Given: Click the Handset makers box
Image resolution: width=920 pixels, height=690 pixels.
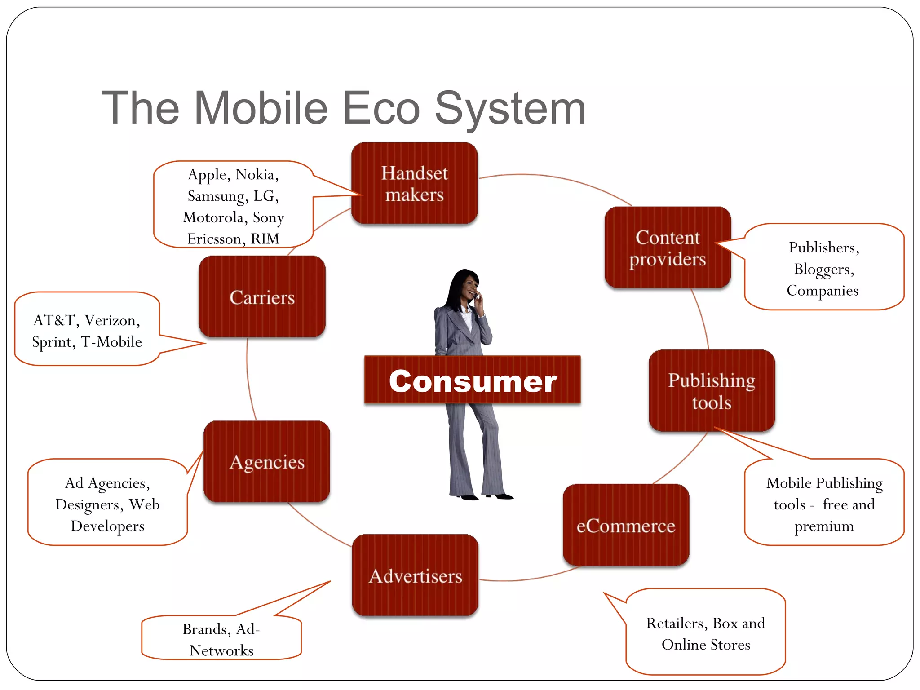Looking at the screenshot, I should click(x=414, y=183).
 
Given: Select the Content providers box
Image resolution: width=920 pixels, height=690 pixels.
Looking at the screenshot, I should click(x=668, y=248).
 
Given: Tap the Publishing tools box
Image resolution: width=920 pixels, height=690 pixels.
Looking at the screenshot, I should click(x=712, y=390).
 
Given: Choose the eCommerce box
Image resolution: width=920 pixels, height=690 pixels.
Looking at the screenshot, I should click(x=626, y=525).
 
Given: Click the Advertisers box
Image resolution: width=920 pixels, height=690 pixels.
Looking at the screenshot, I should click(x=415, y=575).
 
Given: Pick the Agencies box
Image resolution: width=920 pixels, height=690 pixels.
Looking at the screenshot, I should click(x=267, y=462).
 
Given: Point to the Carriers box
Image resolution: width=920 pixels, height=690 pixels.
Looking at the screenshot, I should click(x=262, y=297).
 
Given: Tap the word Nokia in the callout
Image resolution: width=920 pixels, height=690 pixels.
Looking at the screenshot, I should click(x=257, y=174).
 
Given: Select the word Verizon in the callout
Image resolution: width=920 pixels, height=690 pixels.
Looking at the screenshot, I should click(x=112, y=320).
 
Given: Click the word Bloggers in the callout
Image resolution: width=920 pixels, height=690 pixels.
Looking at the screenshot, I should click(x=823, y=269).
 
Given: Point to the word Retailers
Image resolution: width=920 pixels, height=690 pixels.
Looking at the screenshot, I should click(x=677, y=623).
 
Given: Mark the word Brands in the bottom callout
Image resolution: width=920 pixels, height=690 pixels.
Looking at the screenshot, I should click(x=207, y=629).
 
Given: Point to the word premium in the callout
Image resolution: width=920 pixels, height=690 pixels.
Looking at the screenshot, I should click(x=824, y=526).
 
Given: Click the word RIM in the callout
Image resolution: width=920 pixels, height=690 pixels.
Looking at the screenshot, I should click(x=265, y=239).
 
